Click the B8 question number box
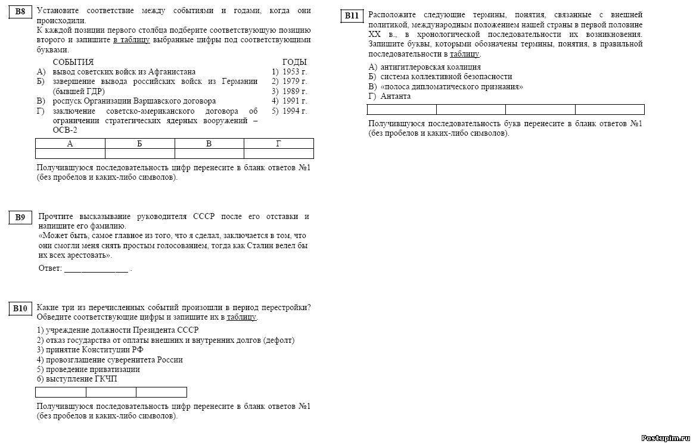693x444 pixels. (x=20, y=12)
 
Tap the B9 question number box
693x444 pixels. (x=20, y=218)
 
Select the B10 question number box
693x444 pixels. (x=20, y=308)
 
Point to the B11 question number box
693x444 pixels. (x=352, y=16)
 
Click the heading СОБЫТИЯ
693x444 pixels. (x=73, y=62)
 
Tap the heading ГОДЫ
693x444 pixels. (x=294, y=62)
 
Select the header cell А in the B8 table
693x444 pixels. (x=70, y=143)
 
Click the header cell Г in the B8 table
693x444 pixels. (x=279, y=143)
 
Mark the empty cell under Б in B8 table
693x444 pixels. (x=139, y=154)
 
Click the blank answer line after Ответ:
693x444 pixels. (x=96, y=269)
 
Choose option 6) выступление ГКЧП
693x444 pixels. (x=77, y=379)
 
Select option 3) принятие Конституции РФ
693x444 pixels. (x=90, y=350)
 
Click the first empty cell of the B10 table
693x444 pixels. (x=61, y=392)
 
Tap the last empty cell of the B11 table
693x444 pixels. (x=610, y=110)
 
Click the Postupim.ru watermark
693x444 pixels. (x=665, y=437)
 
